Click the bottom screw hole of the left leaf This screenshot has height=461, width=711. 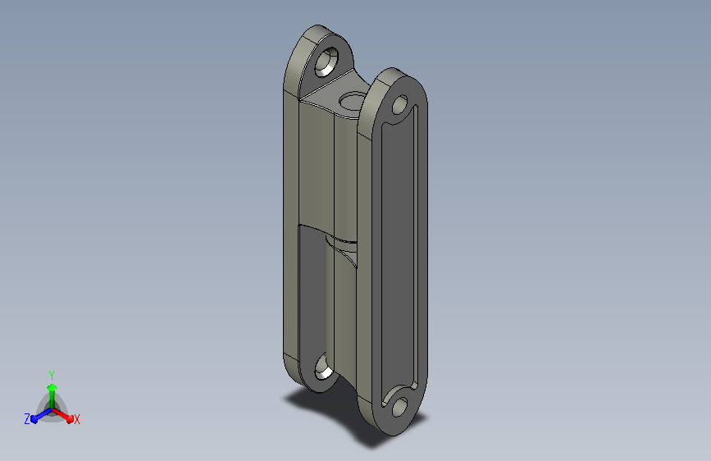[324, 367]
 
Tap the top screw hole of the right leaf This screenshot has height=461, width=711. [399, 105]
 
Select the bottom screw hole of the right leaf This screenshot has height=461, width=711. [399, 407]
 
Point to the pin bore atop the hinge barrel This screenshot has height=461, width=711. [353, 101]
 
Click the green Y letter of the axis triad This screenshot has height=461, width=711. [52, 375]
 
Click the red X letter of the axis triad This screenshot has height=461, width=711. [76, 420]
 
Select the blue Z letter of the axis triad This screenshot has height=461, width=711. [27, 419]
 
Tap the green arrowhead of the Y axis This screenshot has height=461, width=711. [52, 387]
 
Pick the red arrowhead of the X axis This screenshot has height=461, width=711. [69, 418]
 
